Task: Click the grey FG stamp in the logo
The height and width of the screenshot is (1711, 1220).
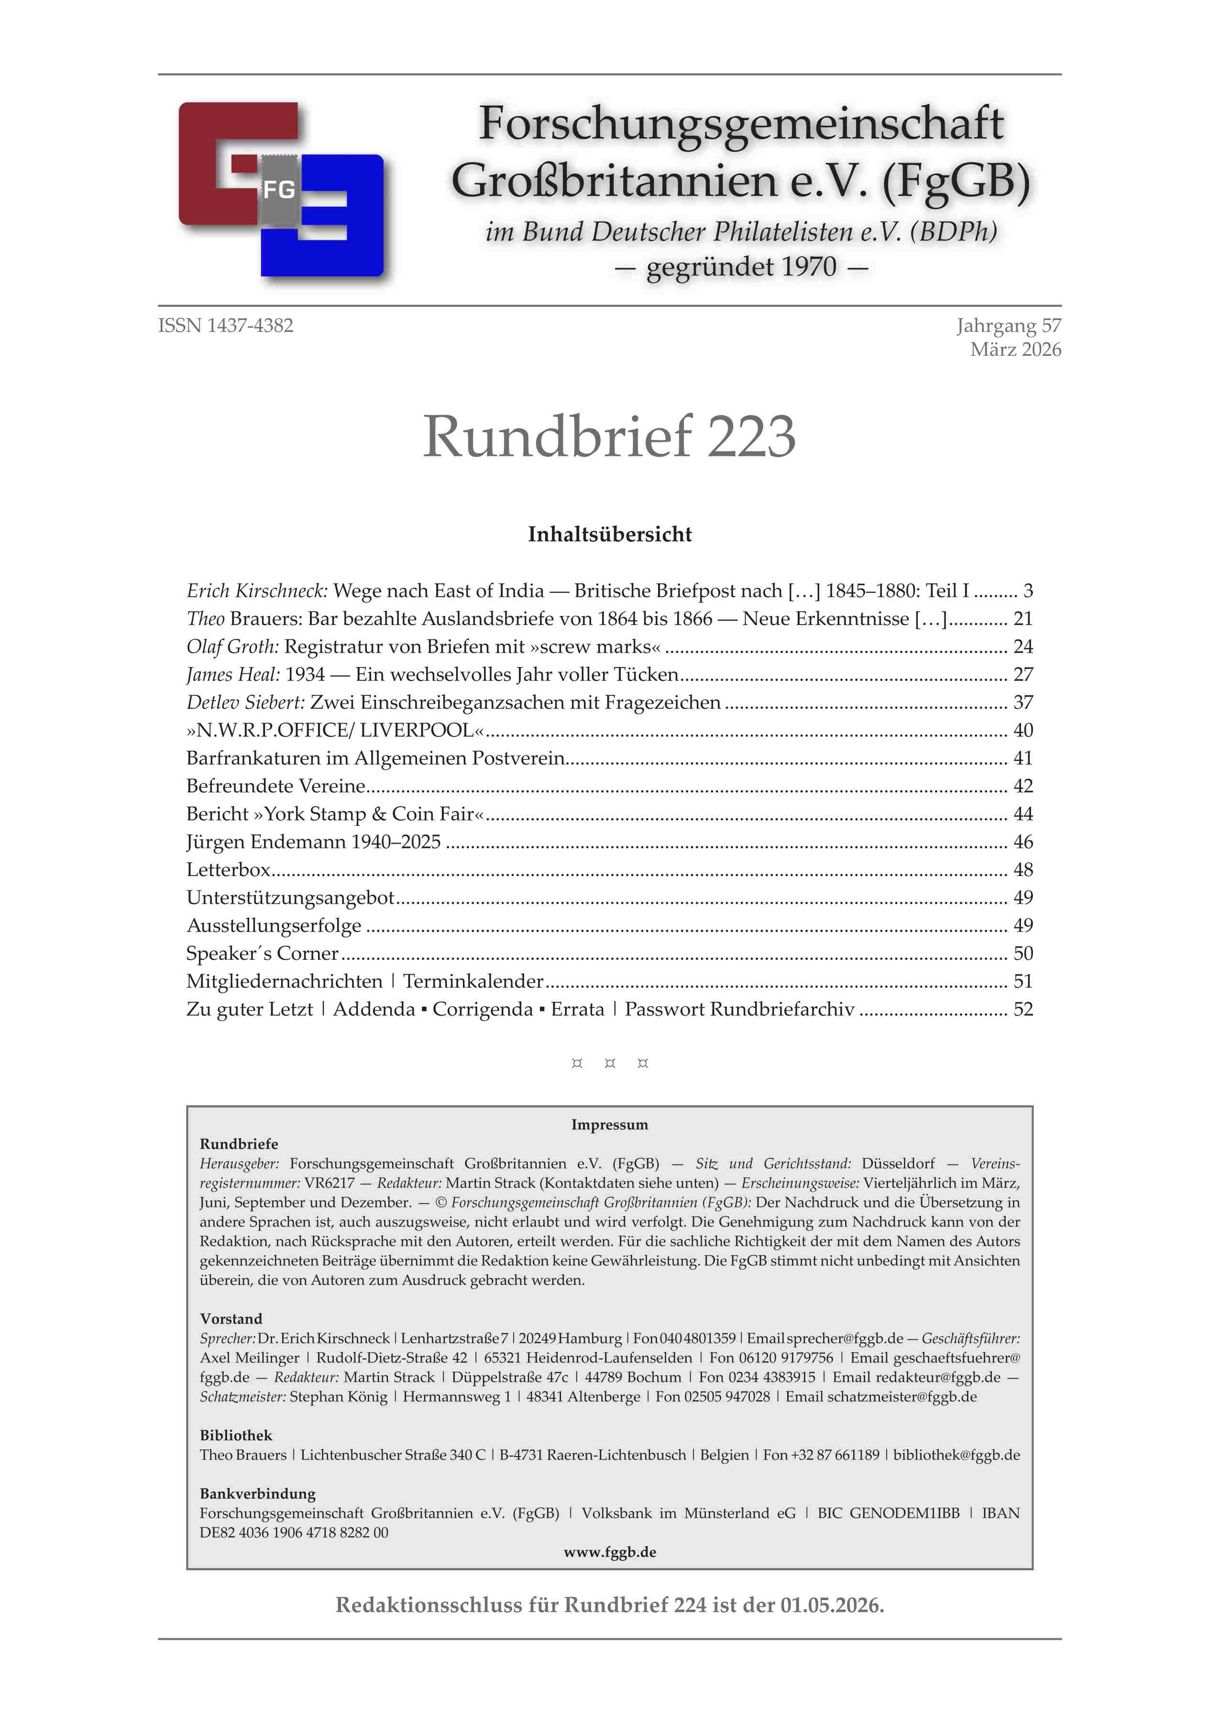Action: pos(279,189)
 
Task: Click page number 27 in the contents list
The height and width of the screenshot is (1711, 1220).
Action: pos(1022,674)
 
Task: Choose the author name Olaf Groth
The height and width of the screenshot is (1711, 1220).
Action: pos(233,647)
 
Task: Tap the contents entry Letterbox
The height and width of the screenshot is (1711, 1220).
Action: pos(229,870)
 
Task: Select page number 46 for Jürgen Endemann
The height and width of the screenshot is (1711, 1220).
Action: pos(1022,842)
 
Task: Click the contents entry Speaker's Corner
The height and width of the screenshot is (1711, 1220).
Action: pos(262,954)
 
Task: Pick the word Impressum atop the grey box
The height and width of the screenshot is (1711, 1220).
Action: pos(609,1124)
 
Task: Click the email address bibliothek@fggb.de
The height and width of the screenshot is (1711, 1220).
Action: pos(956,1455)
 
